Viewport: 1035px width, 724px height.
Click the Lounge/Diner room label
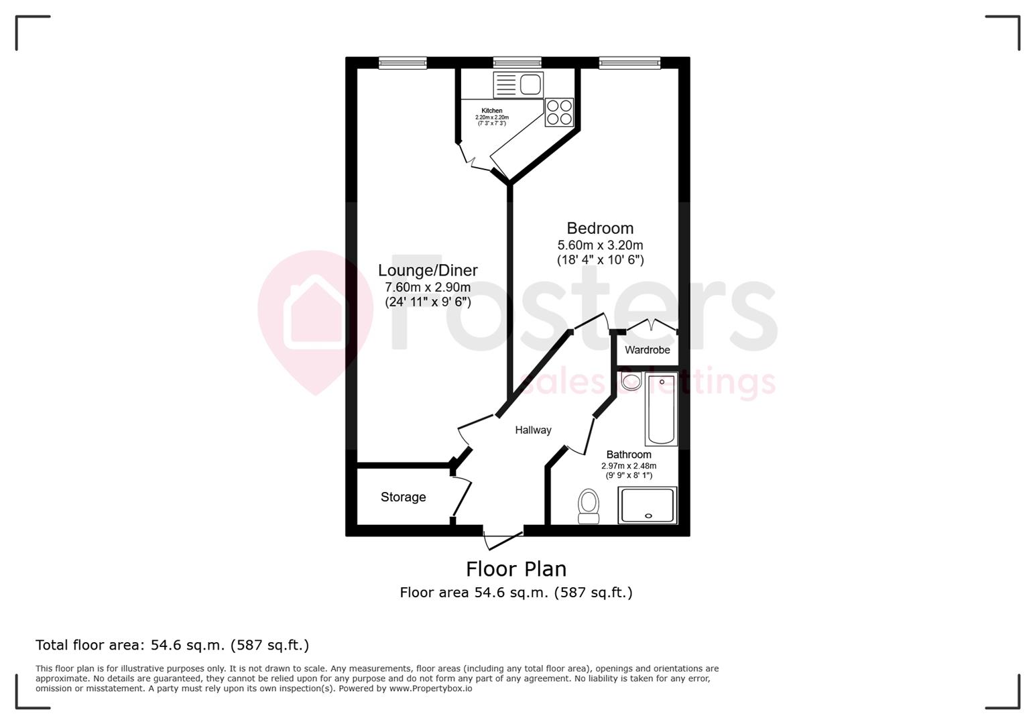coord(428,270)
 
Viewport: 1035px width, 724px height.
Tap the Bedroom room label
coord(600,228)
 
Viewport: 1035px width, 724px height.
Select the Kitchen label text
coord(491,111)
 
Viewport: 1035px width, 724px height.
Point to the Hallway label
coord(533,430)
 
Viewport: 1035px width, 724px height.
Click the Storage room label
coord(403,497)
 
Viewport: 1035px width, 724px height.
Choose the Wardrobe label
coord(647,350)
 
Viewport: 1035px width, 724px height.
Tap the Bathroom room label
coord(628,455)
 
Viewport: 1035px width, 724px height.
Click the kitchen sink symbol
coord(518,85)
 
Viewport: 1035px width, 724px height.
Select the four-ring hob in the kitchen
coord(559,113)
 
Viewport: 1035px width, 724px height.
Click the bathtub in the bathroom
coord(661,410)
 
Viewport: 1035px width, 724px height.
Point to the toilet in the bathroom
coord(589,505)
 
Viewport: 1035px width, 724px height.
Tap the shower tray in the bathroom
coord(648,505)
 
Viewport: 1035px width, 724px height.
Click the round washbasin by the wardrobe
coord(631,382)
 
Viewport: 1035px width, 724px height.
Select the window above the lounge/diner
coord(403,63)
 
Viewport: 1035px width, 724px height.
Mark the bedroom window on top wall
coord(629,63)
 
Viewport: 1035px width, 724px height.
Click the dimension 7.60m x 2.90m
coord(428,287)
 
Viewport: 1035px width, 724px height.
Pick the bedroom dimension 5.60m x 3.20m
coord(600,245)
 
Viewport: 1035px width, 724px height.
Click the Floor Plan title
coord(516,569)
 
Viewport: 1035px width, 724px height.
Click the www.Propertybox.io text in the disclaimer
coord(430,688)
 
